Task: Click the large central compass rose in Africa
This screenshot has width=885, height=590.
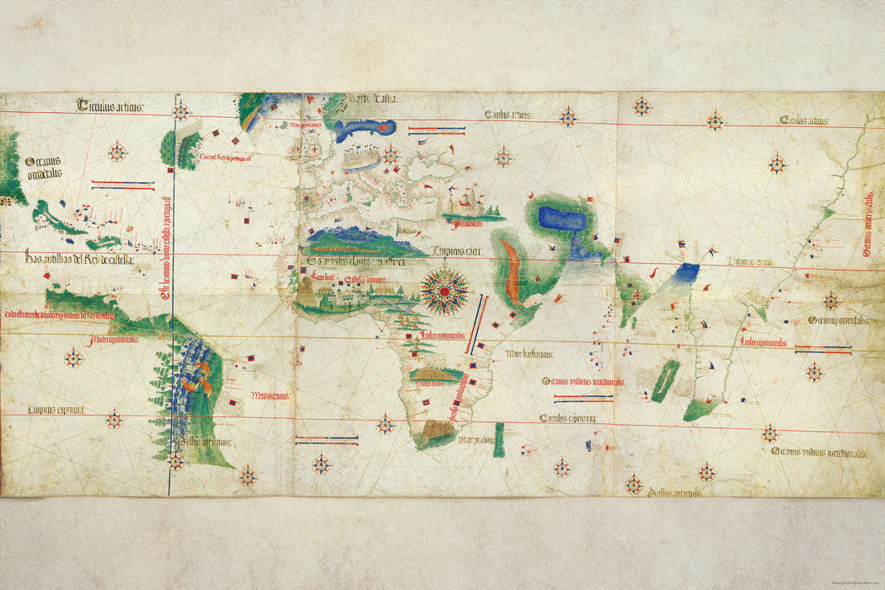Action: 445,291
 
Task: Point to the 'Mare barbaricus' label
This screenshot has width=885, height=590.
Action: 528,354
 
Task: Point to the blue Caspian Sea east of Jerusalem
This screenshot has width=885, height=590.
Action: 561,220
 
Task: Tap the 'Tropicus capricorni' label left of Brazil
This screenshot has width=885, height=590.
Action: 54,410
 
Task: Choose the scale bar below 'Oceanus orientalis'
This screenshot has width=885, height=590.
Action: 822,348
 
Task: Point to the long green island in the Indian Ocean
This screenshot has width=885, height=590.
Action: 664,380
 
